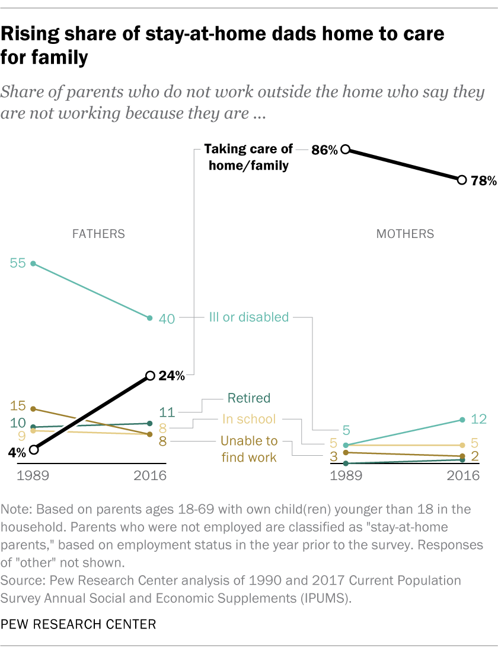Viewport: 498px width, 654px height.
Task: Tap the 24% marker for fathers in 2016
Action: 150,375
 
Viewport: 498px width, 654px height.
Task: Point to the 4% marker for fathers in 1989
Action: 33,450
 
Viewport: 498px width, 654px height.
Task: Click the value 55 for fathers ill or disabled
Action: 18,263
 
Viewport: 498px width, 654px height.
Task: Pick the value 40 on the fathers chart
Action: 167,319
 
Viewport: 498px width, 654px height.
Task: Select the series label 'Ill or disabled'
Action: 248,317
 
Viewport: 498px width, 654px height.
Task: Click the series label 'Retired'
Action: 248,398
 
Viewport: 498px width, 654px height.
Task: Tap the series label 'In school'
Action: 249,419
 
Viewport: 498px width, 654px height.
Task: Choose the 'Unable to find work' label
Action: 249,449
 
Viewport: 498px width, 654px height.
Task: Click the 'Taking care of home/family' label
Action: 248,157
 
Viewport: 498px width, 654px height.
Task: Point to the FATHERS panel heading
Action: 98,234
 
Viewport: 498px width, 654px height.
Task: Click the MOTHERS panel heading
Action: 406,234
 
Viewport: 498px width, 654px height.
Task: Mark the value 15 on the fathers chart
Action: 18,406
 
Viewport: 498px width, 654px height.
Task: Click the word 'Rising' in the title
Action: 36,35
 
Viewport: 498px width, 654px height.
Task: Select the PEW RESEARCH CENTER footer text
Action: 79,624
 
